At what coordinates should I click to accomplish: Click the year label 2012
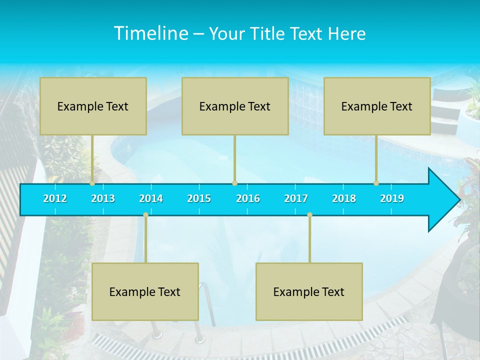pyautogui.click(x=55, y=198)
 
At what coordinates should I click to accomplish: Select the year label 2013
pyautogui.click(x=103, y=198)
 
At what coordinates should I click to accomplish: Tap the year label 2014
pyautogui.click(x=151, y=198)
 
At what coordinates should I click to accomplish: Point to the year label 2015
pyautogui.click(x=199, y=198)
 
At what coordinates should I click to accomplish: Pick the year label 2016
pyautogui.click(x=248, y=198)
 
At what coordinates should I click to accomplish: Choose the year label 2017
pyautogui.click(x=296, y=198)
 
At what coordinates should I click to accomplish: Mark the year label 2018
pyautogui.click(x=344, y=198)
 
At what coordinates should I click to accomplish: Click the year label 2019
pyautogui.click(x=392, y=198)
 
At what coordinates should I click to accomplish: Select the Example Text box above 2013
pyautogui.click(x=93, y=106)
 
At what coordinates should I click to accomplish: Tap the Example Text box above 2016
pyautogui.click(x=235, y=106)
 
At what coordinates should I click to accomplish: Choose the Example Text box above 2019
pyautogui.click(x=377, y=106)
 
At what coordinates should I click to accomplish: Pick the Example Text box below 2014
pyautogui.click(x=145, y=291)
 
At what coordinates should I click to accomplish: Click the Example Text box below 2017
pyautogui.click(x=309, y=291)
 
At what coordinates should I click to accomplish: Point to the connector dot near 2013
pyautogui.click(x=92, y=183)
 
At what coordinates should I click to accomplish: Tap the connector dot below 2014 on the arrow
pyautogui.click(x=145, y=215)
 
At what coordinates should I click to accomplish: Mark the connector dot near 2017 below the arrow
pyautogui.click(x=309, y=215)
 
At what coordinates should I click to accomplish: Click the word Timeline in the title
pyautogui.click(x=151, y=33)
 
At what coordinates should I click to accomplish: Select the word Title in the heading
pyautogui.click(x=268, y=33)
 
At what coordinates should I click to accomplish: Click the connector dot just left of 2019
pyautogui.click(x=376, y=183)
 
